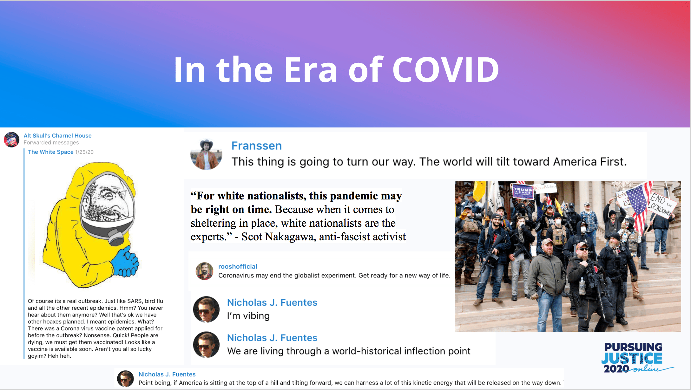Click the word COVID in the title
(x=446, y=69)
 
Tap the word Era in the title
(x=311, y=69)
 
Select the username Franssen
(x=256, y=146)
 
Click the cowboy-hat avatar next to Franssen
(x=206, y=154)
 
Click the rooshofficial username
(x=238, y=266)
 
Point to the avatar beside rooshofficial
(x=204, y=271)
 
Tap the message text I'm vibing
(x=248, y=316)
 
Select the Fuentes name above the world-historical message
(x=272, y=338)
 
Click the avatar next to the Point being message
(x=125, y=379)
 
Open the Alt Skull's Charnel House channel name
(x=57, y=136)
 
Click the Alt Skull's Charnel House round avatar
(x=12, y=140)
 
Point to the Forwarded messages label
(x=51, y=143)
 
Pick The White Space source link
(x=51, y=152)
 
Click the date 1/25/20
(x=84, y=152)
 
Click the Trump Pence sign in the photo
(x=523, y=191)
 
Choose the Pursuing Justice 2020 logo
(x=636, y=358)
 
